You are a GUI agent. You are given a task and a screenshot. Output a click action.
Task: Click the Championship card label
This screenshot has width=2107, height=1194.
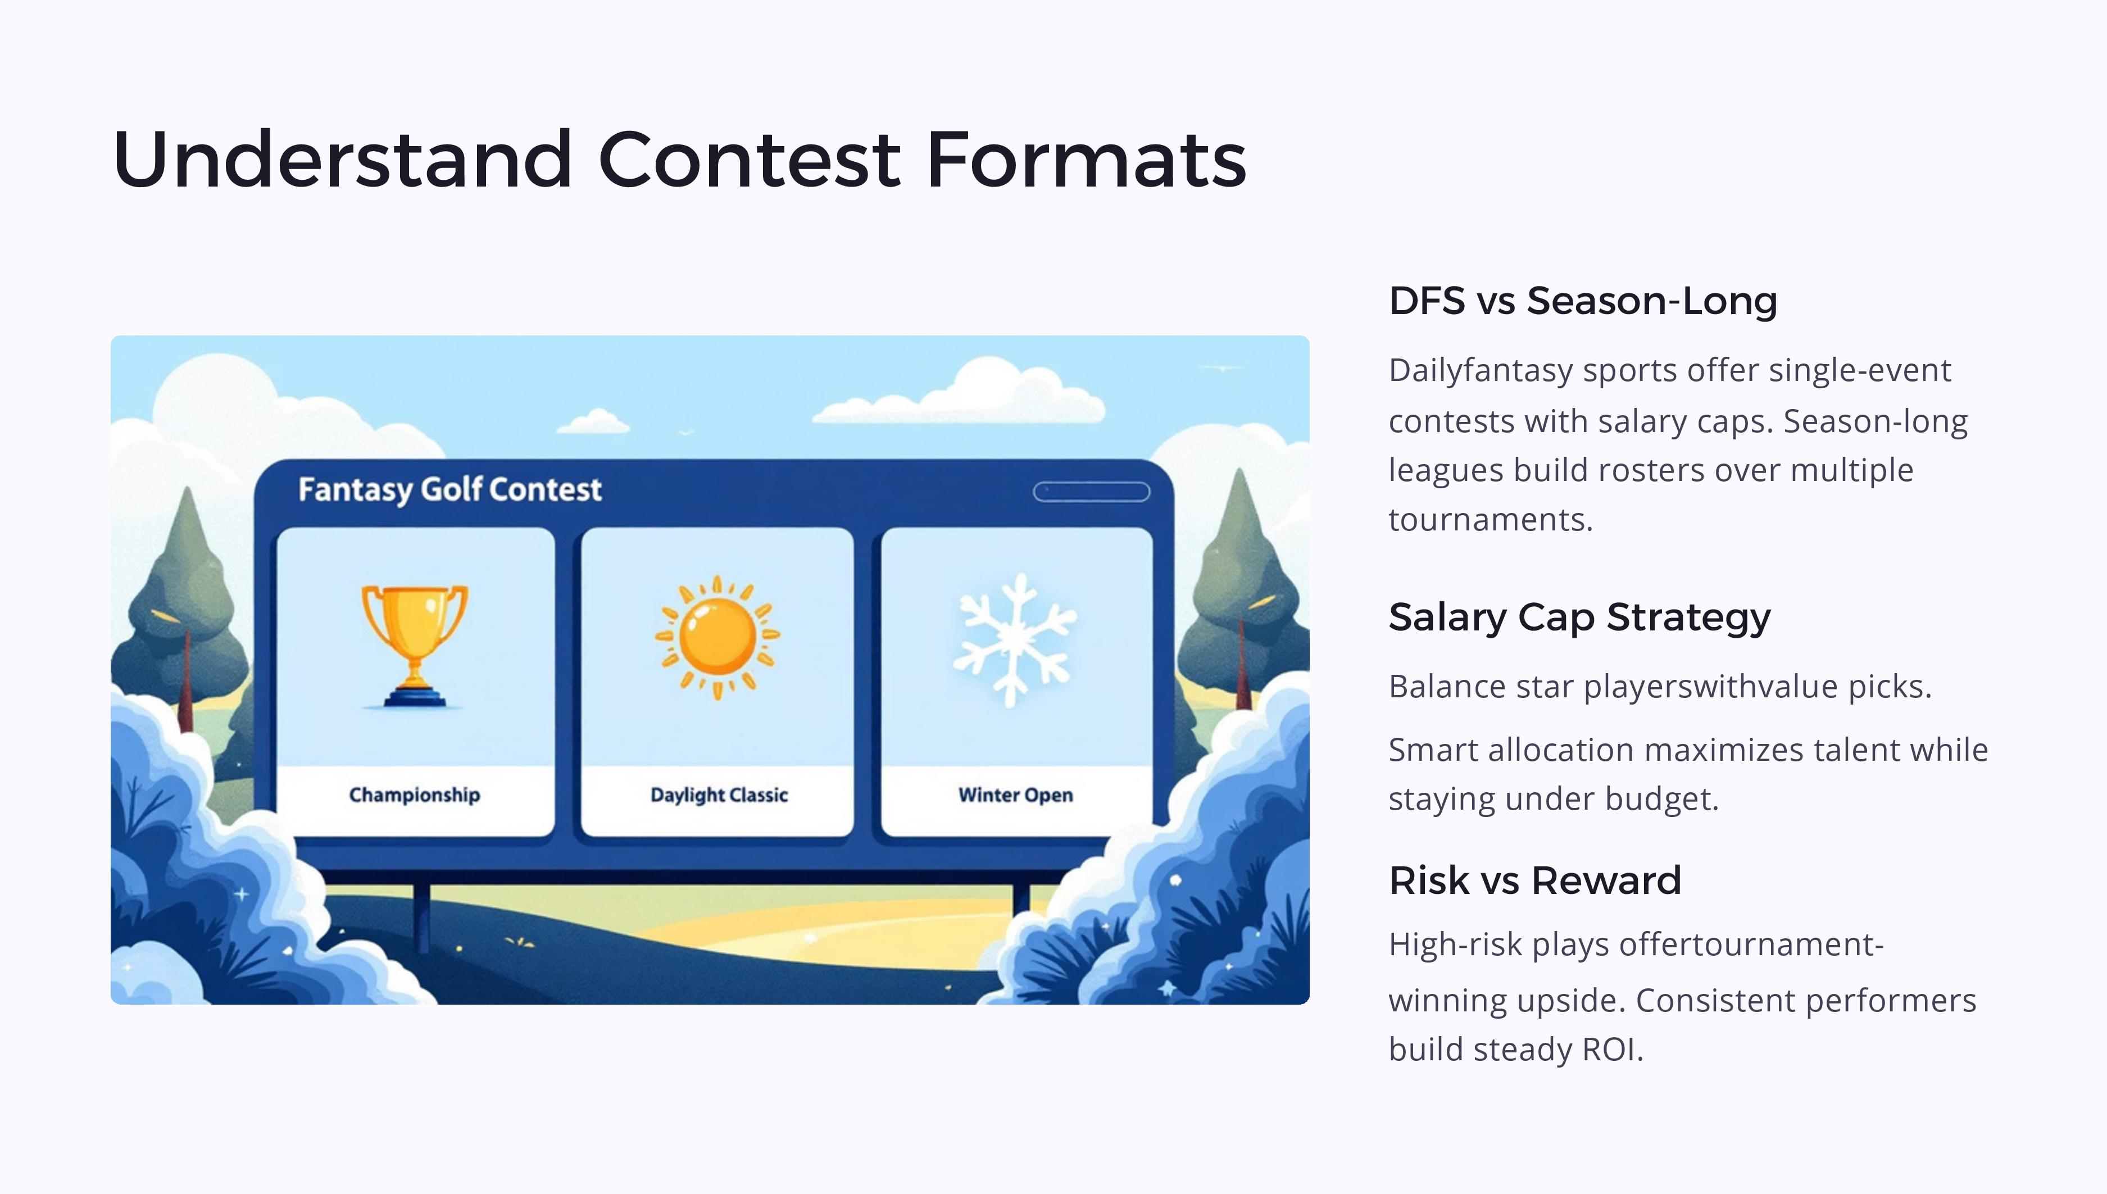point(415,795)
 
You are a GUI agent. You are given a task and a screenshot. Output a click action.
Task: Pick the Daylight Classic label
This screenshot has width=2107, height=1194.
point(719,795)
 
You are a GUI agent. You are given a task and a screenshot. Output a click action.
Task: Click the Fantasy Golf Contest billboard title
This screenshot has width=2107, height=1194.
point(450,489)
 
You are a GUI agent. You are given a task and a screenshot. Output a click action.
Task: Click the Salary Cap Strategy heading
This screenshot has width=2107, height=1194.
point(1580,618)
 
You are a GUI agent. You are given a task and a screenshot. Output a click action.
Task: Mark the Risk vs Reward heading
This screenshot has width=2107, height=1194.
point(1536,880)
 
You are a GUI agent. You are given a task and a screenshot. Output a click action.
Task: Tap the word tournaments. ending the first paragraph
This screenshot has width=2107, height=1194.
point(1491,520)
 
